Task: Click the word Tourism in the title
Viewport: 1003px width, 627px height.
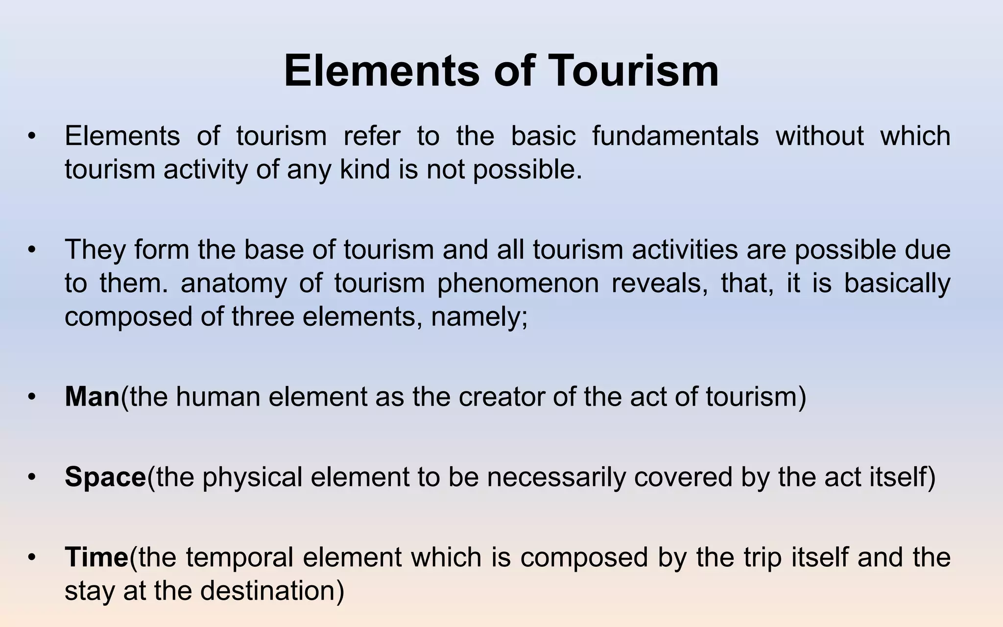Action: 634,72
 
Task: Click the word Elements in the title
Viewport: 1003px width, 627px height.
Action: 382,72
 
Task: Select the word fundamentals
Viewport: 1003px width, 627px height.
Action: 675,136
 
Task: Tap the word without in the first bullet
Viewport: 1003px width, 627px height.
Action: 820,136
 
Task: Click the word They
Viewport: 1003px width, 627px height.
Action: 95,249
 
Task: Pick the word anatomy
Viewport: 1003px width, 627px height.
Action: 234,283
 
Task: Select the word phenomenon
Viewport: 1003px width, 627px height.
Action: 518,283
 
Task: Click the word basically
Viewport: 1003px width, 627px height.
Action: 897,283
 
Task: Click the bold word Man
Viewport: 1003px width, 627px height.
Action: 92,396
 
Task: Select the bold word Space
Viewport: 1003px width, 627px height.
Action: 105,477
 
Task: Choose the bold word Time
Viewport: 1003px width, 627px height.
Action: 96,557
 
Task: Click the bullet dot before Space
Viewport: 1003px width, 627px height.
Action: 32,477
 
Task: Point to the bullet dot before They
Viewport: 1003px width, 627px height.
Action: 32,249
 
